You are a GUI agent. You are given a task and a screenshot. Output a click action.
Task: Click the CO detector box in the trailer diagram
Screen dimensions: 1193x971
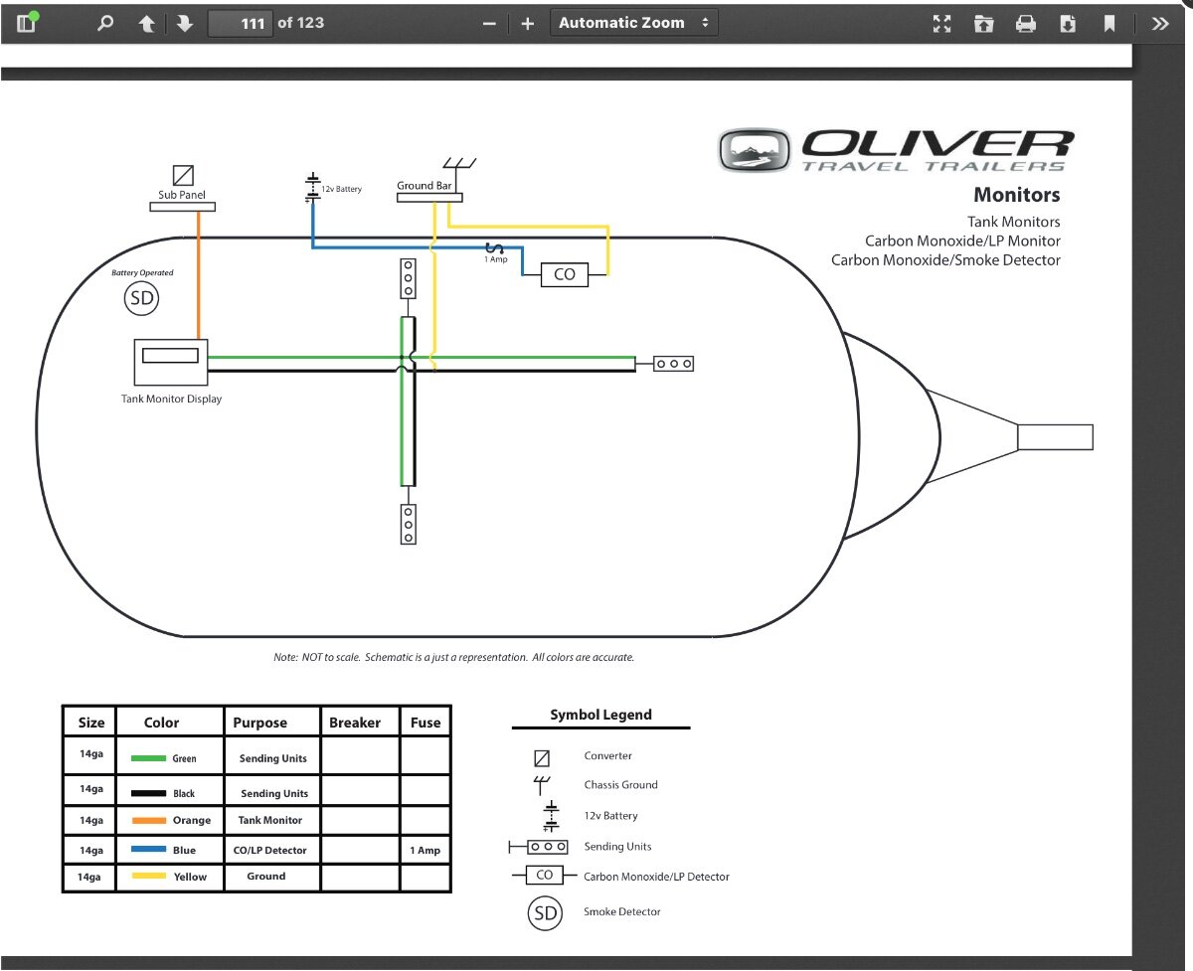pyautogui.click(x=564, y=274)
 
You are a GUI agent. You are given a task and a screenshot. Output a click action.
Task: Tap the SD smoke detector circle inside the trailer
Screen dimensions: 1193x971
pyautogui.click(x=141, y=298)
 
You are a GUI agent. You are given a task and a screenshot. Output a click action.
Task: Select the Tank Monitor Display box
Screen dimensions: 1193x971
pyautogui.click(x=171, y=362)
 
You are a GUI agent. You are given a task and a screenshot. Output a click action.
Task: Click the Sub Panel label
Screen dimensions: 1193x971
pyautogui.click(x=182, y=195)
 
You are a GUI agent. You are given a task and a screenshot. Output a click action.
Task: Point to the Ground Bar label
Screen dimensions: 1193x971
pyautogui.click(x=424, y=185)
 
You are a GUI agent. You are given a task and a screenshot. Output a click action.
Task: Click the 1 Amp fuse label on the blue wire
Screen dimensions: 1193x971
pyautogui.click(x=496, y=259)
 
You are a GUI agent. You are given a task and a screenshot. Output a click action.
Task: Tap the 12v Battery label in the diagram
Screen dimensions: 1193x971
pyautogui.click(x=341, y=189)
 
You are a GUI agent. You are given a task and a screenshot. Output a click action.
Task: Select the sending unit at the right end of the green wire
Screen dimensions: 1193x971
pyautogui.click(x=673, y=364)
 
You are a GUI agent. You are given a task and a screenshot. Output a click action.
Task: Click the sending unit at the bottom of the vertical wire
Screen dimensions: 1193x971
pyautogui.click(x=409, y=524)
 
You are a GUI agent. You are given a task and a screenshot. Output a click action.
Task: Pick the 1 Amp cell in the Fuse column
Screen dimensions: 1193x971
pyautogui.click(x=426, y=850)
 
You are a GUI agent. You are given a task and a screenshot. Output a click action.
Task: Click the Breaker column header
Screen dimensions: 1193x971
pyautogui.click(x=355, y=723)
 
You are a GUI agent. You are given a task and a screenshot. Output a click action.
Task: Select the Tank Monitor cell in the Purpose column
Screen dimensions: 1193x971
pyautogui.click(x=270, y=820)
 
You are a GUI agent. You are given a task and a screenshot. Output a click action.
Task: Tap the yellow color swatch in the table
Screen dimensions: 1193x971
pyautogui.click(x=148, y=876)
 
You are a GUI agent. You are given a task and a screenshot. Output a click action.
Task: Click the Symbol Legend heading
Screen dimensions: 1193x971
pyautogui.click(x=601, y=715)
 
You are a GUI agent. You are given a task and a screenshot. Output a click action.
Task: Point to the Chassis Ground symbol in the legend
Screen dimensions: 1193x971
pyautogui.click(x=541, y=785)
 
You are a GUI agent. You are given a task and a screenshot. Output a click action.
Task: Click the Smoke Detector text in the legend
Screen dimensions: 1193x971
pyautogui.click(x=621, y=911)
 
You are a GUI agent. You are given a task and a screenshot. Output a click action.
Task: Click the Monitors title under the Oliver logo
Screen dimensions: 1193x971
pyautogui.click(x=1017, y=195)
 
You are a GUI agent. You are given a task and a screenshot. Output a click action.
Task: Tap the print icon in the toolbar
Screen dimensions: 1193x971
pyautogui.click(x=1026, y=24)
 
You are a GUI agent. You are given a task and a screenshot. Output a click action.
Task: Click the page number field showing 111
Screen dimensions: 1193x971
pyautogui.click(x=241, y=23)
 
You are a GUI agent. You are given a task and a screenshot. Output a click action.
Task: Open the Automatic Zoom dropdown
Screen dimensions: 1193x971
pyautogui.click(x=634, y=23)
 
